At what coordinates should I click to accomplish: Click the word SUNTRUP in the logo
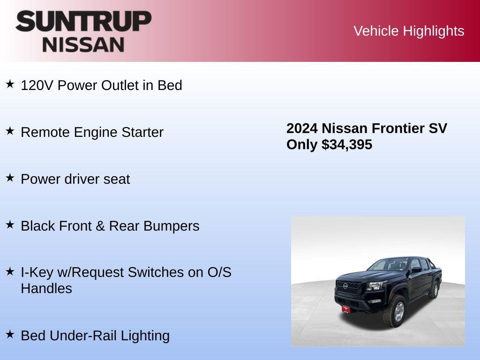coord(83,21)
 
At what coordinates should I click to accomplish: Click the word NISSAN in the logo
coord(83,44)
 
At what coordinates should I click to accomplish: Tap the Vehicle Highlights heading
coord(409,31)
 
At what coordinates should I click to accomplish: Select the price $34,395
coord(347,144)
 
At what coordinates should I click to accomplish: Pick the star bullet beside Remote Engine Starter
coord(10,131)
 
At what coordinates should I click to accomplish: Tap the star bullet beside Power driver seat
coord(10,178)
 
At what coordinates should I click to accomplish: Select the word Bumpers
coord(172,226)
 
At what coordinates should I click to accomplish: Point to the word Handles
coord(46,288)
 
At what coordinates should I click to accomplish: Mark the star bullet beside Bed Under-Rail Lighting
coord(10,335)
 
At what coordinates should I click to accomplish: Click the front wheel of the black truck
coord(395,311)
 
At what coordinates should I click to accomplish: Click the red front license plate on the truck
coord(346,309)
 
